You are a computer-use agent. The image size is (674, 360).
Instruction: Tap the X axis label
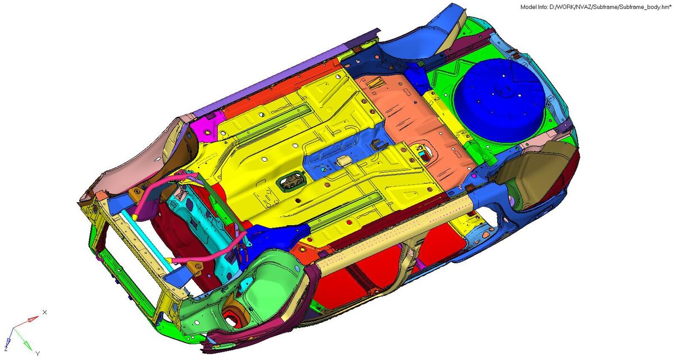(x=45, y=312)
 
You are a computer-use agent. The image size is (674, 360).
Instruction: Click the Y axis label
(x=38, y=353)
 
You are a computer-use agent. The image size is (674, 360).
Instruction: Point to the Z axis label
(x=6, y=349)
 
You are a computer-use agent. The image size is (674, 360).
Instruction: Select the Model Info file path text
(x=595, y=7)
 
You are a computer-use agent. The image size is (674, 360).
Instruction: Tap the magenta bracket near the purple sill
(x=208, y=126)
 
